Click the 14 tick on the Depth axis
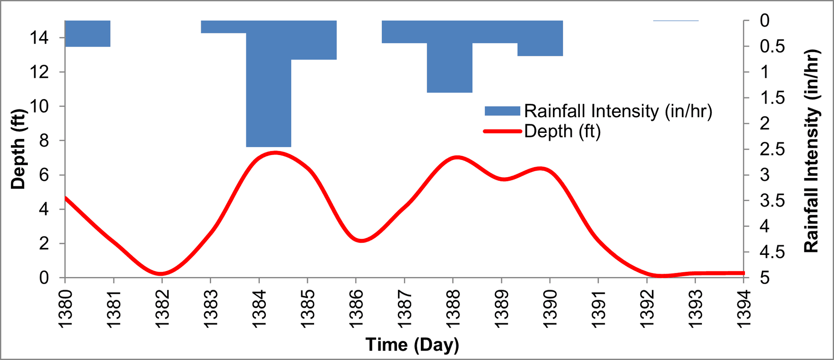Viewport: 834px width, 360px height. point(39,38)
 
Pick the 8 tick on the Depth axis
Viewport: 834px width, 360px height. point(44,141)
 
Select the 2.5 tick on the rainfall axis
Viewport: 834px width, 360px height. point(772,149)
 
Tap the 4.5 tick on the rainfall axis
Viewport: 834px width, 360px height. point(772,252)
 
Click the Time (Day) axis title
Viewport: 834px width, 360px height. point(412,344)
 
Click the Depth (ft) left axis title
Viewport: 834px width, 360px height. point(18,149)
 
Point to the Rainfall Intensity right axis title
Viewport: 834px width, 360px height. point(811,151)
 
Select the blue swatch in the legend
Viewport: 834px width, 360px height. point(502,111)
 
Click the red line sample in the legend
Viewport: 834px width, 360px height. point(502,131)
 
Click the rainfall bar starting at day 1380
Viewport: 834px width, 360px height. point(87,33)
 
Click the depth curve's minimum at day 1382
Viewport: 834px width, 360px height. point(161,274)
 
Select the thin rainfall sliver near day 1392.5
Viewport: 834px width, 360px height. point(676,20)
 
